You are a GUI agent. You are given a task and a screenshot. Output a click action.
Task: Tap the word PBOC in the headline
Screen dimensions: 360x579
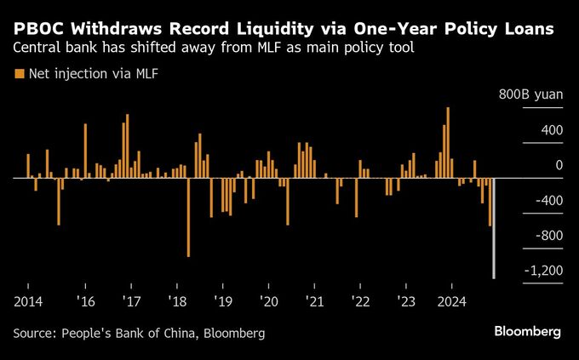[x=42, y=29]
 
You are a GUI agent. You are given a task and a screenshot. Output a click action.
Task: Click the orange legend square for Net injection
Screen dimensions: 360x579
[x=20, y=73]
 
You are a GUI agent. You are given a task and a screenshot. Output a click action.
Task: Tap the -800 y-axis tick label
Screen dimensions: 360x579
[x=547, y=235]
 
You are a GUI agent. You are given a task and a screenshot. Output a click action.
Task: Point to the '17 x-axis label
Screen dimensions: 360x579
[x=132, y=300]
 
